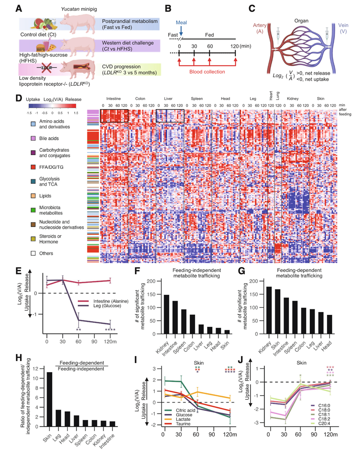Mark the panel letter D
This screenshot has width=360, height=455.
click(x=18, y=99)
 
